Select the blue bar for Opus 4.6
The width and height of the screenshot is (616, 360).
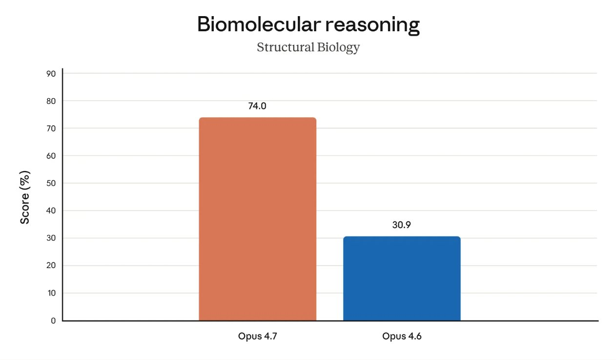(x=402, y=278)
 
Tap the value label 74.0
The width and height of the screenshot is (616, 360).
(x=257, y=106)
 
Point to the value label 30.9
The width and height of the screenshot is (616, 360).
(x=402, y=225)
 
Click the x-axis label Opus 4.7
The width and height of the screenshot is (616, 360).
(x=257, y=337)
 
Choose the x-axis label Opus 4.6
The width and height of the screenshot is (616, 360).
(x=401, y=337)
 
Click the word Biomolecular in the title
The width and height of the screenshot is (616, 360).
(x=253, y=24)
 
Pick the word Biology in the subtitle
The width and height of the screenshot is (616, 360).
(x=339, y=47)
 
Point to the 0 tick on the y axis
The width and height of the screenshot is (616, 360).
(x=53, y=320)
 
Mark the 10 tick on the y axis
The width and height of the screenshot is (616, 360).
(x=51, y=293)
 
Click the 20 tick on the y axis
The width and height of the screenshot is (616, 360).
(x=51, y=266)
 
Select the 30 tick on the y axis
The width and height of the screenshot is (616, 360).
(x=51, y=238)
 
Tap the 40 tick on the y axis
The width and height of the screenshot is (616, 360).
(x=51, y=211)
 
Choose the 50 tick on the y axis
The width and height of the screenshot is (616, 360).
(x=51, y=183)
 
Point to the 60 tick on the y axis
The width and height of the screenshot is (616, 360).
(x=51, y=156)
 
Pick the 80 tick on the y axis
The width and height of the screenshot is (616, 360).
(x=51, y=101)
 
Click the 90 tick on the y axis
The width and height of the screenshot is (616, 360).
(x=51, y=73)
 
